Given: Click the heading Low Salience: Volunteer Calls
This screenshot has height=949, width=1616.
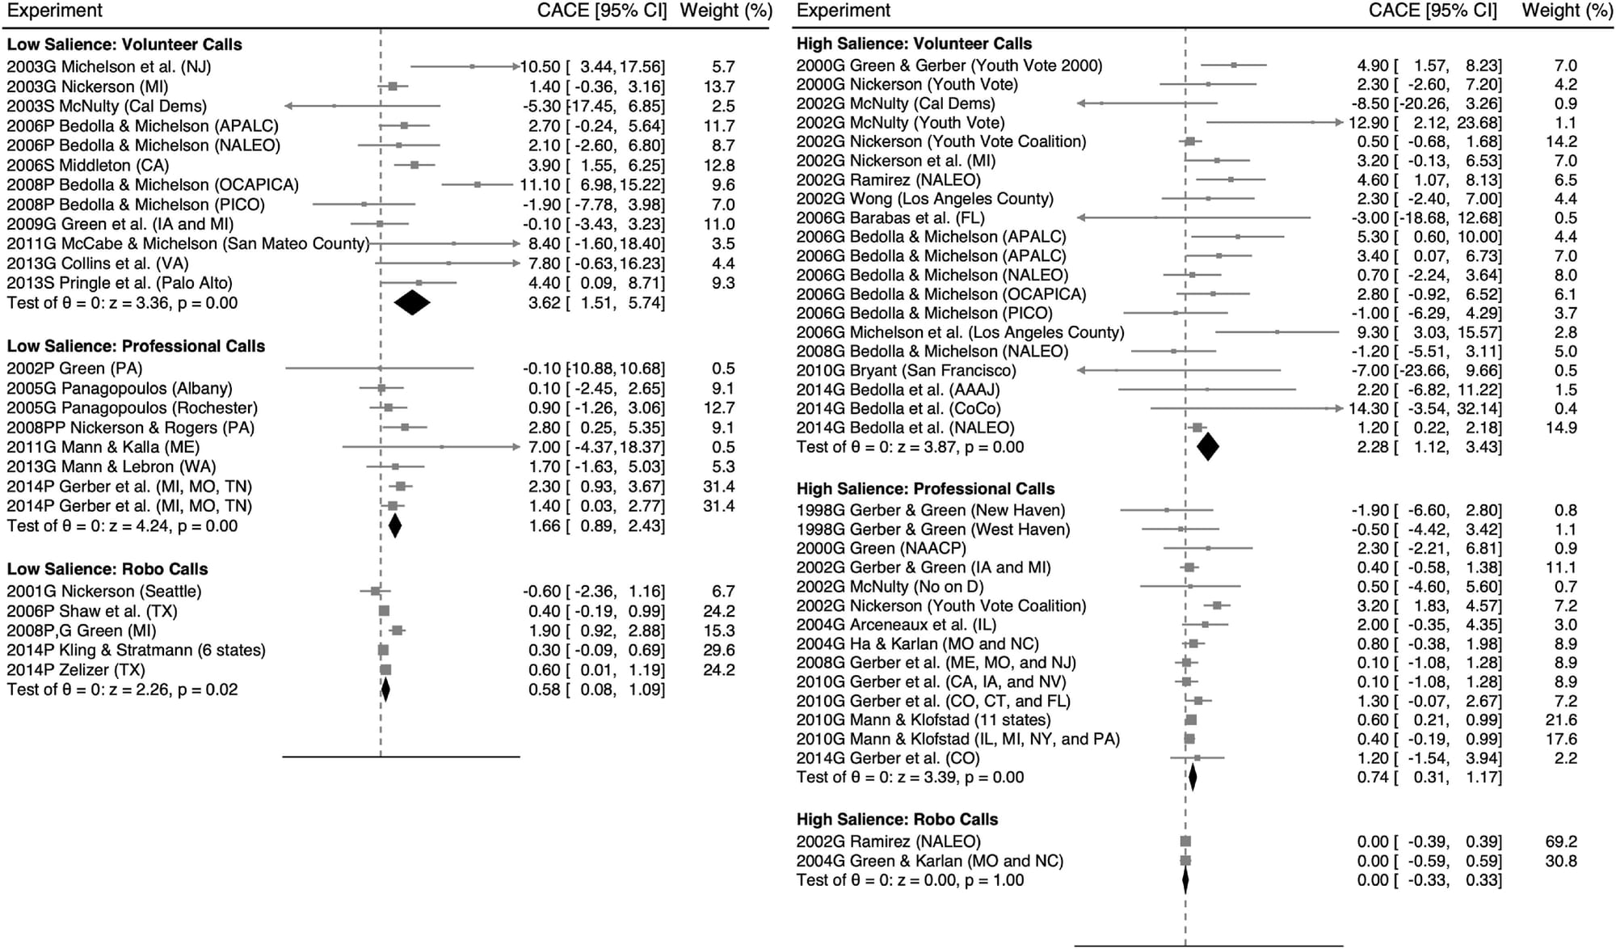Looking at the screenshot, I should pos(124,44).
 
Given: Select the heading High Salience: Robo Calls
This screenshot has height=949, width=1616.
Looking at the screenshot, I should pos(897,819).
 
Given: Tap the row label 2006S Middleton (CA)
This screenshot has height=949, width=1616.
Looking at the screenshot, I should pos(88,165).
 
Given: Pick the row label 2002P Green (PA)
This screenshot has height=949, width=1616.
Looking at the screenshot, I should pos(74,369).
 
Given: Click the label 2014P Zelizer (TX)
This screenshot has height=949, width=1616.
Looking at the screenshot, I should pos(76,670).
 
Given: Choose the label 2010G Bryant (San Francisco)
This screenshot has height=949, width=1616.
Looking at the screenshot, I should pos(906,370).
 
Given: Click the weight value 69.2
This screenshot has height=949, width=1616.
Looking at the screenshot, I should pos(1560,841).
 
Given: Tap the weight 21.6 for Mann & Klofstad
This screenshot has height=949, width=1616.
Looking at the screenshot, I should pos(1560,719).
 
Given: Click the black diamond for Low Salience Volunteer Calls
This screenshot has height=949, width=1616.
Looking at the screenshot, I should pos(412,303).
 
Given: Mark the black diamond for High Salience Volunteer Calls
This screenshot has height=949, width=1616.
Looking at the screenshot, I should pos(1207,447).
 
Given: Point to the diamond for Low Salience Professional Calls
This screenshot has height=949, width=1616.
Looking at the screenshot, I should pos(394,526).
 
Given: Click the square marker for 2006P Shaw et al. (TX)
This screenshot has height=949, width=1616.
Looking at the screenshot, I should pos(384,611).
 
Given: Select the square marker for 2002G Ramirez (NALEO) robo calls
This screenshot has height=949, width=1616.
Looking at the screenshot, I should pos(1185,841).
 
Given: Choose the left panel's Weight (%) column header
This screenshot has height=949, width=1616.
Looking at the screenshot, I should pos(726,11).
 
